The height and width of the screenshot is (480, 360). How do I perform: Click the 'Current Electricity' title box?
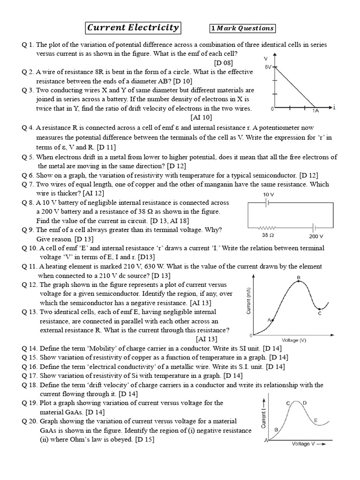pos(133,28)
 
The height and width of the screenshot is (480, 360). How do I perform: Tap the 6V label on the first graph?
pos(268,67)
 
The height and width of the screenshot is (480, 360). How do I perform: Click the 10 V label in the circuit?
pos(269,194)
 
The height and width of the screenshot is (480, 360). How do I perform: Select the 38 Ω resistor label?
pos(268,236)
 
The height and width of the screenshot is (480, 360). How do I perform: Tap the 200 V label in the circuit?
pos(316,236)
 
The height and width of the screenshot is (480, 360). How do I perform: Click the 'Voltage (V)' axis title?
pos(294,340)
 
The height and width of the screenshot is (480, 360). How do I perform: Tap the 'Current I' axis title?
pos(264,417)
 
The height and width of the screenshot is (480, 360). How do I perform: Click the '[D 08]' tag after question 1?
pos(223,62)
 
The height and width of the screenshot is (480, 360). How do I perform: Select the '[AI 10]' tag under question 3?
pos(202,118)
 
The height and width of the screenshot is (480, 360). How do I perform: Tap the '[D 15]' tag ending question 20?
pos(144,440)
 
